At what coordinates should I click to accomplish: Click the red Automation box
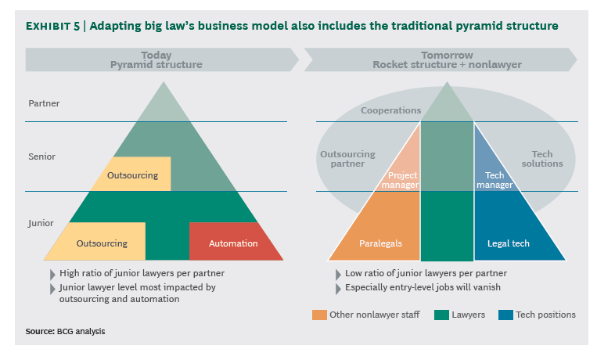point(234,243)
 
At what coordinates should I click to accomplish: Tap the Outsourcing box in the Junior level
point(102,243)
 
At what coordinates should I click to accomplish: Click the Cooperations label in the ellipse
point(390,111)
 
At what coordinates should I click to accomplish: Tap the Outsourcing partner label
point(347,159)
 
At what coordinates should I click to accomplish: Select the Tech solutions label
point(542,159)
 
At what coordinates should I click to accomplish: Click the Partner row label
point(44,103)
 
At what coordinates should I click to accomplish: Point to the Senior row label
point(42,157)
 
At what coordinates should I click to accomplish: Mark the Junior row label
point(41,223)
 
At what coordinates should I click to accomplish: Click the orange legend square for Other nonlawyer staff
point(319,315)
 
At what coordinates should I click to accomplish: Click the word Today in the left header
point(156,56)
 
